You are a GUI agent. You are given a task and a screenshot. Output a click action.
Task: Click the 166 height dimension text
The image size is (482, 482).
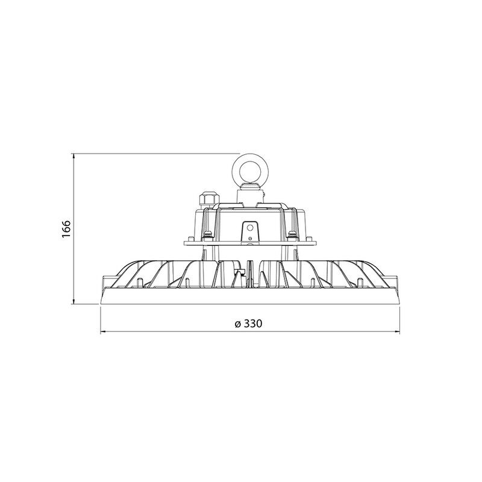pyautogui.click(x=66, y=229)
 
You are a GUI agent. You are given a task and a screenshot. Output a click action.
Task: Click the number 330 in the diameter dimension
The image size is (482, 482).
pyautogui.click(x=253, y=324)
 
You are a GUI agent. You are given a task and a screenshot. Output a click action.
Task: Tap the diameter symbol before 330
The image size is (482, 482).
pyautogui.click(x=237, y=324)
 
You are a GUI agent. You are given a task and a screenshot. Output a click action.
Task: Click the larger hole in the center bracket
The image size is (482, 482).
pyautogui.click(x=250, y=228)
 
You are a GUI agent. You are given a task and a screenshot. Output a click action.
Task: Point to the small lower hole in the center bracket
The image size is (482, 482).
pyautogui.click(x=250, y=238)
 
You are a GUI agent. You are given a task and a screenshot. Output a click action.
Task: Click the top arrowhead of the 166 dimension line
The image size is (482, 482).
pyautogui.click(x=74, y=156)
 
